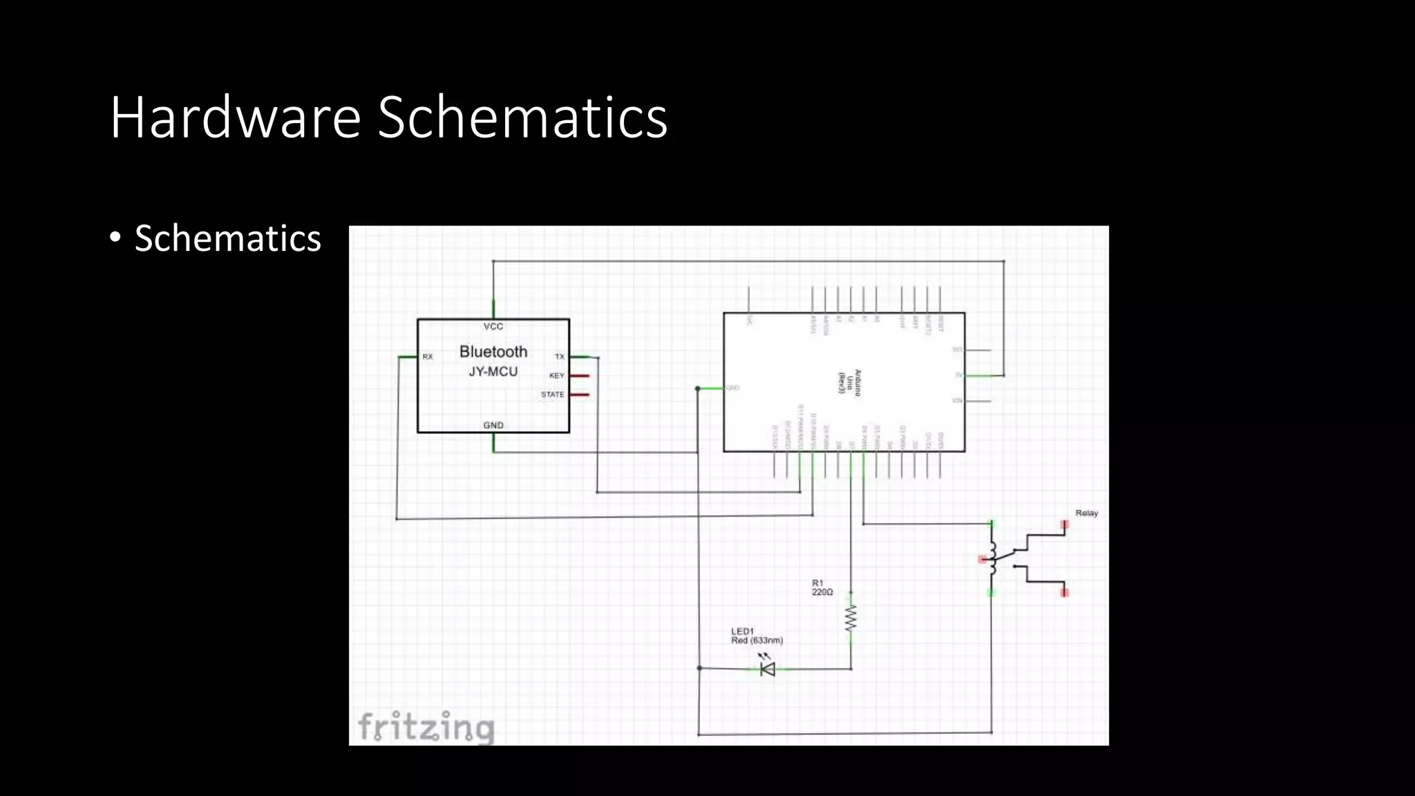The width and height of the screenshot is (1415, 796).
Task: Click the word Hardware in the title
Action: (235, 117)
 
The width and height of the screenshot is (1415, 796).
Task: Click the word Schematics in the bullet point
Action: (227, 238)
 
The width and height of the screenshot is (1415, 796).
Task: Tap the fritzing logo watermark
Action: (426, 728)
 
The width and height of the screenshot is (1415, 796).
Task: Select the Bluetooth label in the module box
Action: (493, 352)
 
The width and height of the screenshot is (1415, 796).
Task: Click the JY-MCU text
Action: (493, 372)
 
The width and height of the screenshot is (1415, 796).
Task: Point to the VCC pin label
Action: (493, 327)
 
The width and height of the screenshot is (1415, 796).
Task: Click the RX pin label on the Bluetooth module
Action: (428, 357)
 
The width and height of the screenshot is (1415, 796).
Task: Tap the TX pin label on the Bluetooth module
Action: (560, 357)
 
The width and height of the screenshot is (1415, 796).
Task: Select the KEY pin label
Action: (557, 376)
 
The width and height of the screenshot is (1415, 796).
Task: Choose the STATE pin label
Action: (553, 395)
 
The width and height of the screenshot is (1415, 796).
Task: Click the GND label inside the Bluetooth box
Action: (493, 425)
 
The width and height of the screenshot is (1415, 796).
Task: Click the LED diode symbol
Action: (767, 668)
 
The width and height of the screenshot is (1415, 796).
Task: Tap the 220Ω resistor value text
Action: (822, 593)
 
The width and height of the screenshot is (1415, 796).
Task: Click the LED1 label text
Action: (742, 631)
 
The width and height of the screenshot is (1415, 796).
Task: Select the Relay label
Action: (1086, 513)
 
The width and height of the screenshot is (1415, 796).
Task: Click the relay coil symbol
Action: (993, 558)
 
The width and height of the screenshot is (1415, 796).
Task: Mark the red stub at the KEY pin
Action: (580, 376)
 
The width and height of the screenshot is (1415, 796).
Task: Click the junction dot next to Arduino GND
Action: (698, 388)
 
